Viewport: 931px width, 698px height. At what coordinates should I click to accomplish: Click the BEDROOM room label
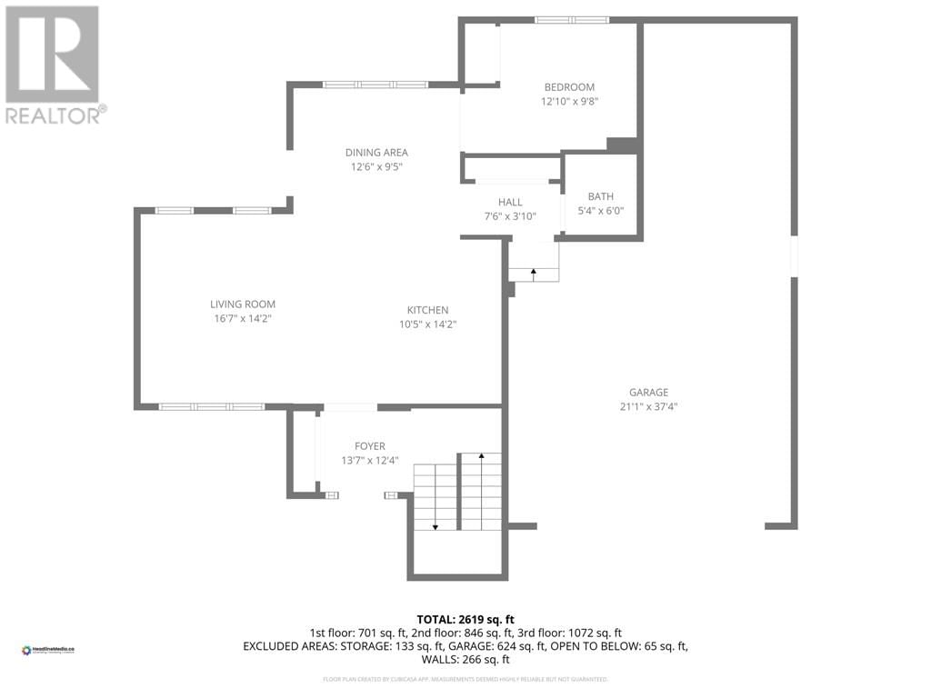tap(569, 87)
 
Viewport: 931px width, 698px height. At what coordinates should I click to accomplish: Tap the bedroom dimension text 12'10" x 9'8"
tap(569, 103)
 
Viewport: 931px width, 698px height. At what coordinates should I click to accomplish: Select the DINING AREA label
tap(376, 153)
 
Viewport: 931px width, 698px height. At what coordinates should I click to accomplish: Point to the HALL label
tap(510, 202)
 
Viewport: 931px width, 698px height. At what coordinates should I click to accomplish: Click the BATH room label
tap(600, 196)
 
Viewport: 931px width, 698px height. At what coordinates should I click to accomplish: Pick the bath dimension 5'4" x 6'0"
tap(600, 211)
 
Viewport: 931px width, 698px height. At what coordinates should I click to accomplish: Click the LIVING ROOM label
tap(243, 304)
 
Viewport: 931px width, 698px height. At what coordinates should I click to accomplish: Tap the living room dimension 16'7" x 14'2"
tap(243, 319)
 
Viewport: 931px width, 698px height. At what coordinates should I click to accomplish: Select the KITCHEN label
tap(427, 310)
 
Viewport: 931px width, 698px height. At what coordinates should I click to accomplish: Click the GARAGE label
tap(648, 393)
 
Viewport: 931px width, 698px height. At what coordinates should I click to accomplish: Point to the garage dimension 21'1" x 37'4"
tap(648, 407)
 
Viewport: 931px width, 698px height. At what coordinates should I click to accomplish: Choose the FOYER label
tap(370, 446)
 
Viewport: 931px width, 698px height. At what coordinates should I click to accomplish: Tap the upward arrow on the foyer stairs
tap(480, 457)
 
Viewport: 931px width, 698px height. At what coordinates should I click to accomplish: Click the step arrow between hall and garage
tap(534, 272)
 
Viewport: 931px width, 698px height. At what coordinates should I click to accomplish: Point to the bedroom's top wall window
tap(571, 19)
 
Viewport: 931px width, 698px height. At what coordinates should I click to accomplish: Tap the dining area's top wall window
tap(375, 85)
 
